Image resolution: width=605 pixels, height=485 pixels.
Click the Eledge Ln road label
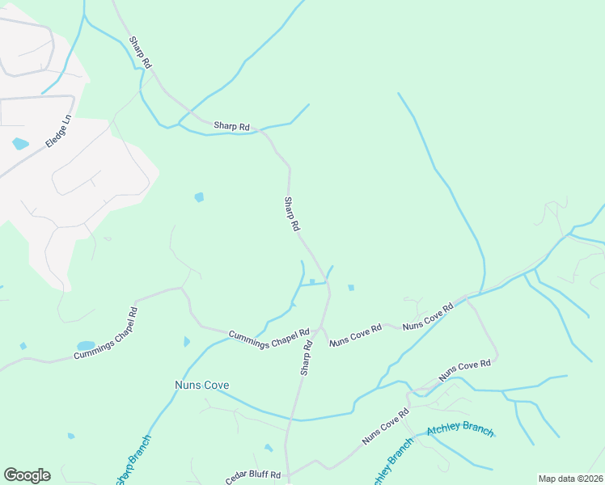(58, 129)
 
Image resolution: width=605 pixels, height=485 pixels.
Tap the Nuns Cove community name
(202, 386)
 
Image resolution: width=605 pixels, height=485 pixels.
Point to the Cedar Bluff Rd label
(253, 476)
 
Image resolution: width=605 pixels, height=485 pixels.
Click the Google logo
(27, 475)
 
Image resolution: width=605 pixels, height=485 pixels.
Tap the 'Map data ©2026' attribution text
(570, 479)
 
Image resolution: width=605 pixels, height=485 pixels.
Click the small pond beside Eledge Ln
(20, 144)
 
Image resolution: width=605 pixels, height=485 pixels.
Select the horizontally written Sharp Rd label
(231, 126)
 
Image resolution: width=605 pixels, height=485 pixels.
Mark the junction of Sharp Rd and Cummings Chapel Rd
(322, 328)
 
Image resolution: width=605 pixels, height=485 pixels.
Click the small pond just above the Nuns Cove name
(188, 342)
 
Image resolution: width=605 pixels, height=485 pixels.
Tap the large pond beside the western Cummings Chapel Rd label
(86, 345)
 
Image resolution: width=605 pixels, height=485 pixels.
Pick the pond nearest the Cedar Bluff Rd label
(269, 447)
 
